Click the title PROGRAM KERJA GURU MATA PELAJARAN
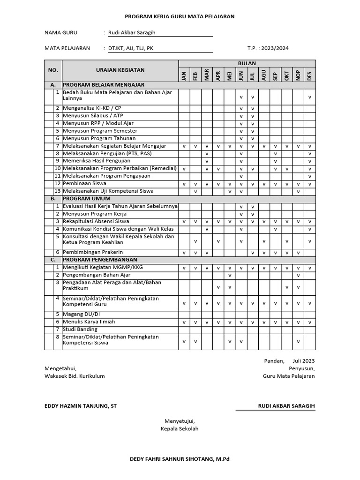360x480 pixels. click(180, 16)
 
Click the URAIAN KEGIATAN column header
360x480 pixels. click(120, 70)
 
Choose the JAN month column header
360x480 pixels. click(184, 75)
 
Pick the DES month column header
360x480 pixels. click(309, 75)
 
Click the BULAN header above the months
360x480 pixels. click(247, 63)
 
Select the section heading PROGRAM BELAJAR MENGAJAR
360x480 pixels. click(104, 85)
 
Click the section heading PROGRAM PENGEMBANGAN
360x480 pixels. click(100, 260)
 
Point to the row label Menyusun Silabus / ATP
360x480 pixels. click(92, 116)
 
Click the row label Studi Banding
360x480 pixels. click(80, 330)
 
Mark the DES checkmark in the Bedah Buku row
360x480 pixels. click(310, 97)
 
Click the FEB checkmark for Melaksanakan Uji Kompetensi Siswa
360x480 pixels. click(195, 192)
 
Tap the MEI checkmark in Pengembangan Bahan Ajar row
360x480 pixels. click(230, 275)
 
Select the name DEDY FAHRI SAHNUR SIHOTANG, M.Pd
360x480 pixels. click(180, 459)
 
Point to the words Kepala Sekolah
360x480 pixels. click(180, 429)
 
